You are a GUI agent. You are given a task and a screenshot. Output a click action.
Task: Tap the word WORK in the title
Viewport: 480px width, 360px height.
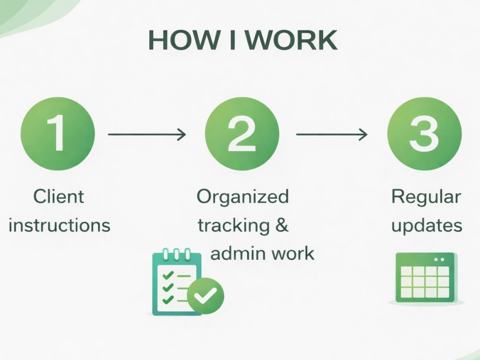click(291, 40)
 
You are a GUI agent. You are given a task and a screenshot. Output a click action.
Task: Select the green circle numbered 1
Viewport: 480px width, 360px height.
click(58, 134)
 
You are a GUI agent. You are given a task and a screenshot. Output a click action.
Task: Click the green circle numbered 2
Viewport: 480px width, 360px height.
click(242, 134)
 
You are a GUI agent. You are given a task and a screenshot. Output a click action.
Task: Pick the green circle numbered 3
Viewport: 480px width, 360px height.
click(424, 134)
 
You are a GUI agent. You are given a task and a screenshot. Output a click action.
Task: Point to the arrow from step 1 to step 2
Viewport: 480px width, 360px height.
click(147, 134)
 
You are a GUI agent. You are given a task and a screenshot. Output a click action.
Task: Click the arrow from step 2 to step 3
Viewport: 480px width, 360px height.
click(332, 134)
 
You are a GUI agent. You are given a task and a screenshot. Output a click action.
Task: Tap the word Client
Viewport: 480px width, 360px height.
click(59, 196)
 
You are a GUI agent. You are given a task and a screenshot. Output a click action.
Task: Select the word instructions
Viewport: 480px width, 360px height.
click(60, 225)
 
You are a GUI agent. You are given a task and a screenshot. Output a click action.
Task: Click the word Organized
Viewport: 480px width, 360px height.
click(243, 197)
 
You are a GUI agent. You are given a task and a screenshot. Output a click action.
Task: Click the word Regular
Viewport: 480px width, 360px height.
click(426, 197)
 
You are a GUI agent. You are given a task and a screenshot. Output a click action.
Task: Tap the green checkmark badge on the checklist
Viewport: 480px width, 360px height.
click(205, 296)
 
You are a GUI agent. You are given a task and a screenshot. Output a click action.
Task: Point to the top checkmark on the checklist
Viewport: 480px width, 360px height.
click(168, 275)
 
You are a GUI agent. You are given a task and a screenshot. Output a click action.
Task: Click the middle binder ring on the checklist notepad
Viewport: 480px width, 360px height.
click(176, 254)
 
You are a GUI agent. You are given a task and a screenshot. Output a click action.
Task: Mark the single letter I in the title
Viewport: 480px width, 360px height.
click(232, 40)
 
